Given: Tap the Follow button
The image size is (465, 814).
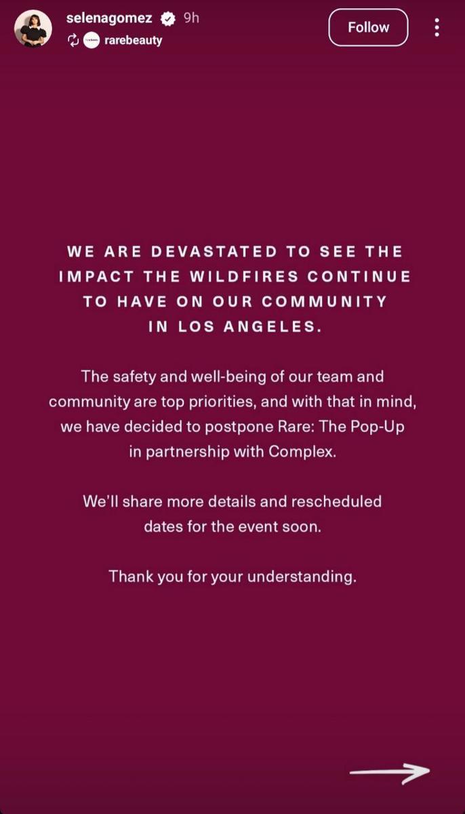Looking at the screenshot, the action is click(x=368, y=28).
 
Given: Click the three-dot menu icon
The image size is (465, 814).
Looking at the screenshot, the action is click(x=437, y=27).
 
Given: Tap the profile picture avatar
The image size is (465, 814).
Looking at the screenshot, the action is click(x=33, y=28).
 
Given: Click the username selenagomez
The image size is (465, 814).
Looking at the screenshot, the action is click(x=109, y=18).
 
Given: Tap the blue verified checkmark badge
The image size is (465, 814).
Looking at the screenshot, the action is click(x=168, y=19).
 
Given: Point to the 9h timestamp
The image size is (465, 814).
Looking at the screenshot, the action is click(x=191, y=18).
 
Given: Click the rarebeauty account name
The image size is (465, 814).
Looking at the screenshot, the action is click(x=134, y=40).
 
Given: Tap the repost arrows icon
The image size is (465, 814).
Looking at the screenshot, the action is click(x=73, y=40).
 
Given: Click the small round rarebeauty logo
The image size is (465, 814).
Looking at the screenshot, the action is click(x=92, y=40).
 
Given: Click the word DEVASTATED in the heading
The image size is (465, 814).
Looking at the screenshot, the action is click(x=214, y=252).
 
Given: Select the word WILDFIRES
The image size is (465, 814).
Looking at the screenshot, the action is click(x=244, y=277).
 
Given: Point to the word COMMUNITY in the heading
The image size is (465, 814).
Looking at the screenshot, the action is click(x=325, y=302).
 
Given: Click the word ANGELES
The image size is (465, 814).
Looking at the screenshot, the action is click(x=272, y=327).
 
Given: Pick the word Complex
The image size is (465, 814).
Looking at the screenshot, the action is click(x=302, y=452).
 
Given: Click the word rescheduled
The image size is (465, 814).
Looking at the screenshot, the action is click(x=336, y=501).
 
